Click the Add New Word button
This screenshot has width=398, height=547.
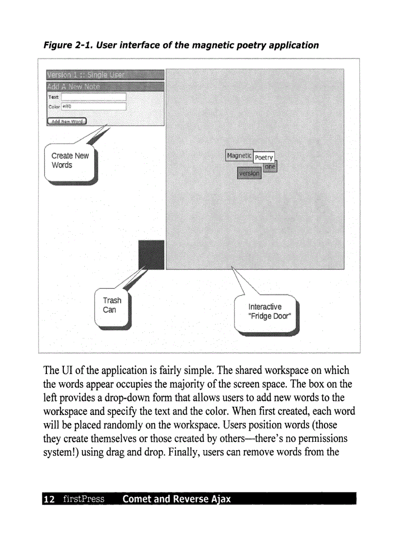66,121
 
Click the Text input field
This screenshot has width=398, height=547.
93,97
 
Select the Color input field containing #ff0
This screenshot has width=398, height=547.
93,106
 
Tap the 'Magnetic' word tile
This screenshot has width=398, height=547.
239,155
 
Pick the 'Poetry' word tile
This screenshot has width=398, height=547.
264,158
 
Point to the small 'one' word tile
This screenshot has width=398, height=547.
271,167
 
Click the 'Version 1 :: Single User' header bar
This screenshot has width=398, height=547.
105,75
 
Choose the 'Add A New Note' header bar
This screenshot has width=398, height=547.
105,87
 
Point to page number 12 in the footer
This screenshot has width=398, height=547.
48,499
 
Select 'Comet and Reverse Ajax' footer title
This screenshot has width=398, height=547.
177,499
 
